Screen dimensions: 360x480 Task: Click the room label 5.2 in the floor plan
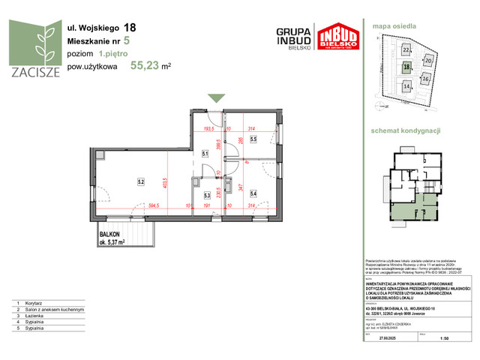coord(140,181)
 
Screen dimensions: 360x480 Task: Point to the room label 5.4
coord(253,195)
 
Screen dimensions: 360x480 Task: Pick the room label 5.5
coord(253,139)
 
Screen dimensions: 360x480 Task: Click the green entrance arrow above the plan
coord(216,98)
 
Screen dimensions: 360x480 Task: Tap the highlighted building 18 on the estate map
coord(406,67)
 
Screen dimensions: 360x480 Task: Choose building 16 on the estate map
coord(425,78)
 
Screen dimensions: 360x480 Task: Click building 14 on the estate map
coord(406,86)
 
